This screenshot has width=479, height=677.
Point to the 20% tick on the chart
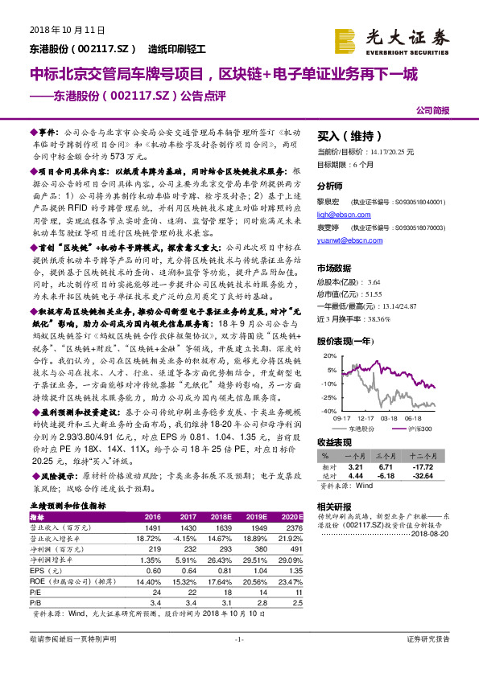tap(330, 355)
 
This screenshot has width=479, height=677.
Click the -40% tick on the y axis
tap(329, 411)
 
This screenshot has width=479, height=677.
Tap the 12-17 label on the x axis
tap(365, 419)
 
